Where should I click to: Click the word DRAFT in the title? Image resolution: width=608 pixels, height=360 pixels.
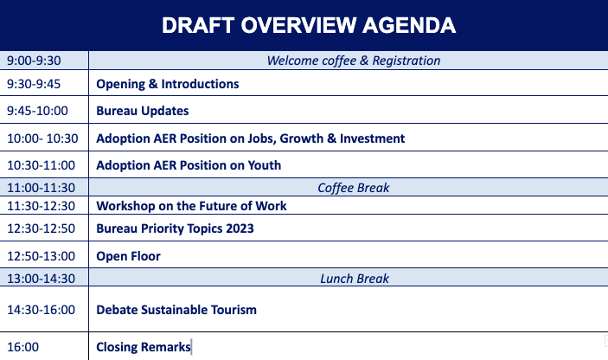click(198, 26)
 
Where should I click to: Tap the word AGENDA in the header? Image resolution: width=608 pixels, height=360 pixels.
click(409, 26)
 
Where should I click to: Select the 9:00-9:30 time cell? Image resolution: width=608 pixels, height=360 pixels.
click(34, 61)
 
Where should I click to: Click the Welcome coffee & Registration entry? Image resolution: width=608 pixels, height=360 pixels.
click(354, 61)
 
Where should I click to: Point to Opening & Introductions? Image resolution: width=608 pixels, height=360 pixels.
click(168, 84)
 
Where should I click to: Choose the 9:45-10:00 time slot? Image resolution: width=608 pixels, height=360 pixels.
click(37, 111)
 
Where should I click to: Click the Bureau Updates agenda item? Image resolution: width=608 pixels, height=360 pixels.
click(143, 111)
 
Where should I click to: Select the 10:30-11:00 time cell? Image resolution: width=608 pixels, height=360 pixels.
click(42, 165)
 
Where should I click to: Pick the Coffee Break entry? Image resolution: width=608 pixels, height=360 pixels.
click(354, 188)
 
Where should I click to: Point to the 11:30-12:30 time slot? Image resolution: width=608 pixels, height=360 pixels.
click(42, 206)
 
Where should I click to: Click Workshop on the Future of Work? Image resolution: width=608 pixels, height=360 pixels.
click(191, 206)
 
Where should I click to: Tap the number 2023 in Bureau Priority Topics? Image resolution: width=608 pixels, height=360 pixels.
click(240, 228)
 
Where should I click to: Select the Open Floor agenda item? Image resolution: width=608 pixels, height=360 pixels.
click(128, 256)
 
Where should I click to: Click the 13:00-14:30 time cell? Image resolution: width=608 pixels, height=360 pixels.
click(42, 279)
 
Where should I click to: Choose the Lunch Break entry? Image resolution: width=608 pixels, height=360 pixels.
click(355, 279)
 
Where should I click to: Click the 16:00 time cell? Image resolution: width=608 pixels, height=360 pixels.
click(22, 347)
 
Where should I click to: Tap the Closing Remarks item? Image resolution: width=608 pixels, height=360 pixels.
click(144, 347)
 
